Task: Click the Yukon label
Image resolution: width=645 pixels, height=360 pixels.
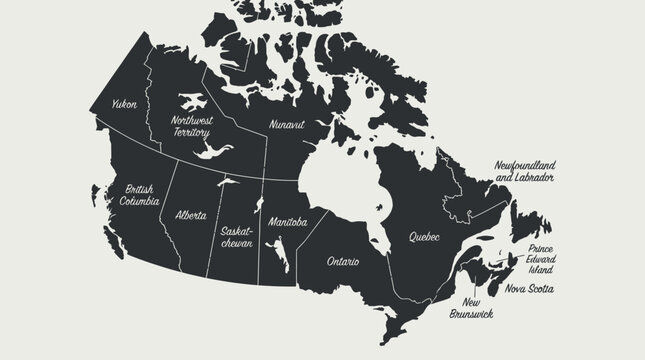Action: [x=124, y=103]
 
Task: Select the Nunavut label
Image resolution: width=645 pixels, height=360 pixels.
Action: [x=286, y=125]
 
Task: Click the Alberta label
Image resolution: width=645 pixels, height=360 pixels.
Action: [x=191, y=215]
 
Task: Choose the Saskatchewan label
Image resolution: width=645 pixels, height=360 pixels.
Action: [x=237, y=236]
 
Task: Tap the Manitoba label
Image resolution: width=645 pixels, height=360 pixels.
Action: [x=288, y=221]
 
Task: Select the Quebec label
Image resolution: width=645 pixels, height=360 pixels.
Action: [x=425, y=237]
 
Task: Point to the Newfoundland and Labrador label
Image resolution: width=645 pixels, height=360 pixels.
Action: [x=525, y=169]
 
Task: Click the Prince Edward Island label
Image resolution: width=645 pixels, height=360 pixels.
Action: [x=541, y=259]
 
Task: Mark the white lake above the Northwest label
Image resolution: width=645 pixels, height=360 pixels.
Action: [x=190, y=101]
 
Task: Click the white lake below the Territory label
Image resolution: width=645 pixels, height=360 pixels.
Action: [x=212, y=151]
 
